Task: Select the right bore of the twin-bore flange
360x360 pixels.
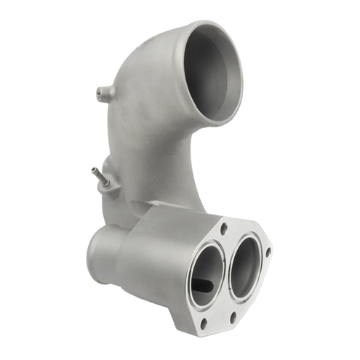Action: [245, 266]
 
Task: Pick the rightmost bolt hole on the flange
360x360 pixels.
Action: [268, 252]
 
